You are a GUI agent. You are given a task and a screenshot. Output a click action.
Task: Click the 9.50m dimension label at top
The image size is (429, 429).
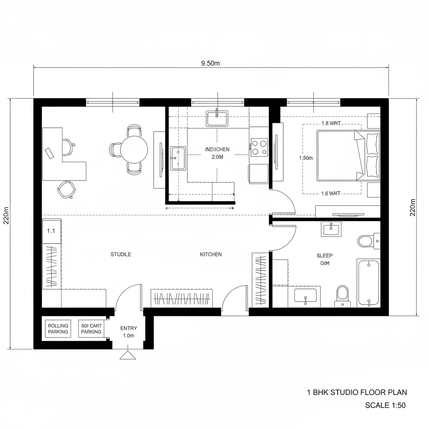[210, 63]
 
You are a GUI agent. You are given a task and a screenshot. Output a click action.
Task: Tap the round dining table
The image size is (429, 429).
[134, 150]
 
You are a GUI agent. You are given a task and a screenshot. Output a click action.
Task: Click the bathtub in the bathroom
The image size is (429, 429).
[368, 282]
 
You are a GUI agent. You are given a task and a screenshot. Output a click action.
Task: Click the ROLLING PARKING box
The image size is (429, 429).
[58, 329]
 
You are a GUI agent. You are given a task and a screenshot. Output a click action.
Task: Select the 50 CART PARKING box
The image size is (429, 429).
[91, 329]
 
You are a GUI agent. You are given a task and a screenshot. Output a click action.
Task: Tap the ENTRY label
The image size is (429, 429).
[128, 328]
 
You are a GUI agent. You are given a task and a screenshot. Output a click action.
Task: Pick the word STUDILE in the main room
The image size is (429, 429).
[121, 254]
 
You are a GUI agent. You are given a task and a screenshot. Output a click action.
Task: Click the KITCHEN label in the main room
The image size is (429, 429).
[211, 254]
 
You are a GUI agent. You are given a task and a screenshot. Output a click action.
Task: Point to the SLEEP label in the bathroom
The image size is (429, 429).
[324, 255]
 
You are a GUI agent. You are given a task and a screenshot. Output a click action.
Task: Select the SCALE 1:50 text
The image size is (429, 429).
[385, 405]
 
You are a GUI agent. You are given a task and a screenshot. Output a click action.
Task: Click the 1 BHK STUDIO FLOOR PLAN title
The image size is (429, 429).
[357, 393]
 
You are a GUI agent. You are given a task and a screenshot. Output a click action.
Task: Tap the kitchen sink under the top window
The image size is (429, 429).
[217, 118]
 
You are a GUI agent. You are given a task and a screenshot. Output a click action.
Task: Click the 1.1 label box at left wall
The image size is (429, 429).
[52, 230]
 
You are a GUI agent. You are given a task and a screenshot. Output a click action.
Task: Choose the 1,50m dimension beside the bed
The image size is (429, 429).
[306, 158]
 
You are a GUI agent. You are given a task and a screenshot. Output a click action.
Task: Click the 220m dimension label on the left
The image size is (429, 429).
[6, 215]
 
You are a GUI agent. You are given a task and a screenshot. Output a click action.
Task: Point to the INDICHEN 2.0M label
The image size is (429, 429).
[217, 153]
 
